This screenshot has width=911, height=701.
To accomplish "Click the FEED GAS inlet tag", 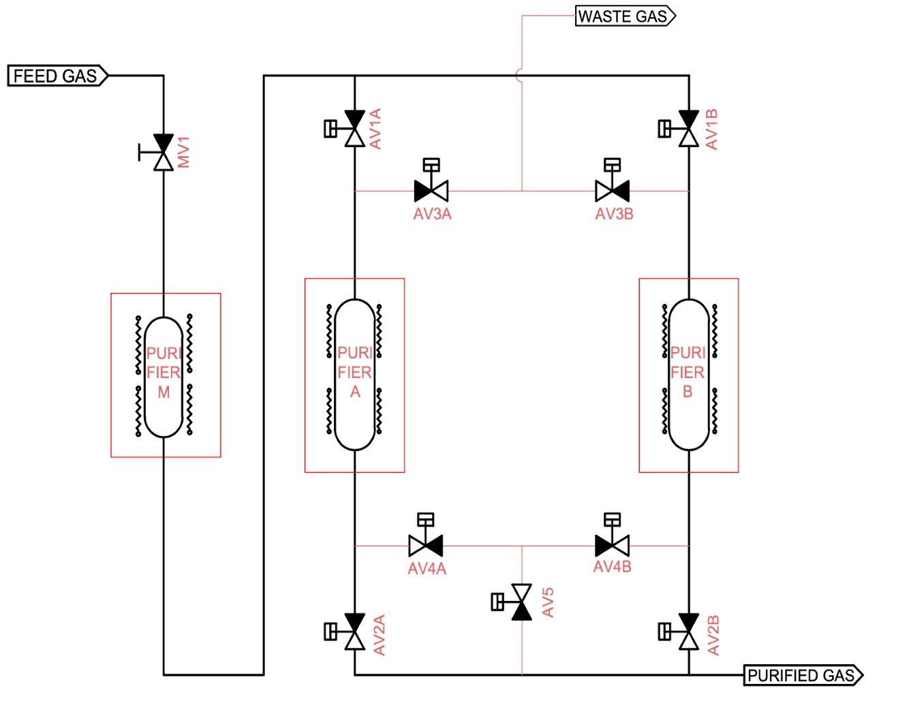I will (57, 76).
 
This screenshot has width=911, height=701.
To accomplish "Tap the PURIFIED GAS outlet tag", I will (803, 675).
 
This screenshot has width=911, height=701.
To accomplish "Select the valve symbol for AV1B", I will (689, 128).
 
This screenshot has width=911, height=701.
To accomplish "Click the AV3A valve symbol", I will (432, 189).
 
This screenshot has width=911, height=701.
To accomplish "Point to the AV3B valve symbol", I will (612, 189).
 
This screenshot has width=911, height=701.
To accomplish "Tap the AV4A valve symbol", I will (426, 545).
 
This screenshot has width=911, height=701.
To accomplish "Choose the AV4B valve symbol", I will (612, 545).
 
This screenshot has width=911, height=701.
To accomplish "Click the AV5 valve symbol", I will (521, 602).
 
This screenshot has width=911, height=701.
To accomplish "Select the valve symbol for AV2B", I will (689, 632).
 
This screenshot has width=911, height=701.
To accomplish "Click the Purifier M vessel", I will (164, 375).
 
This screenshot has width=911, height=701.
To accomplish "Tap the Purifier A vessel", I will (354, 375).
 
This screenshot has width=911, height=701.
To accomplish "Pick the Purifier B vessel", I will (689, 375).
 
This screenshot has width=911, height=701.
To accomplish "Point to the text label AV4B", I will (613, 567).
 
